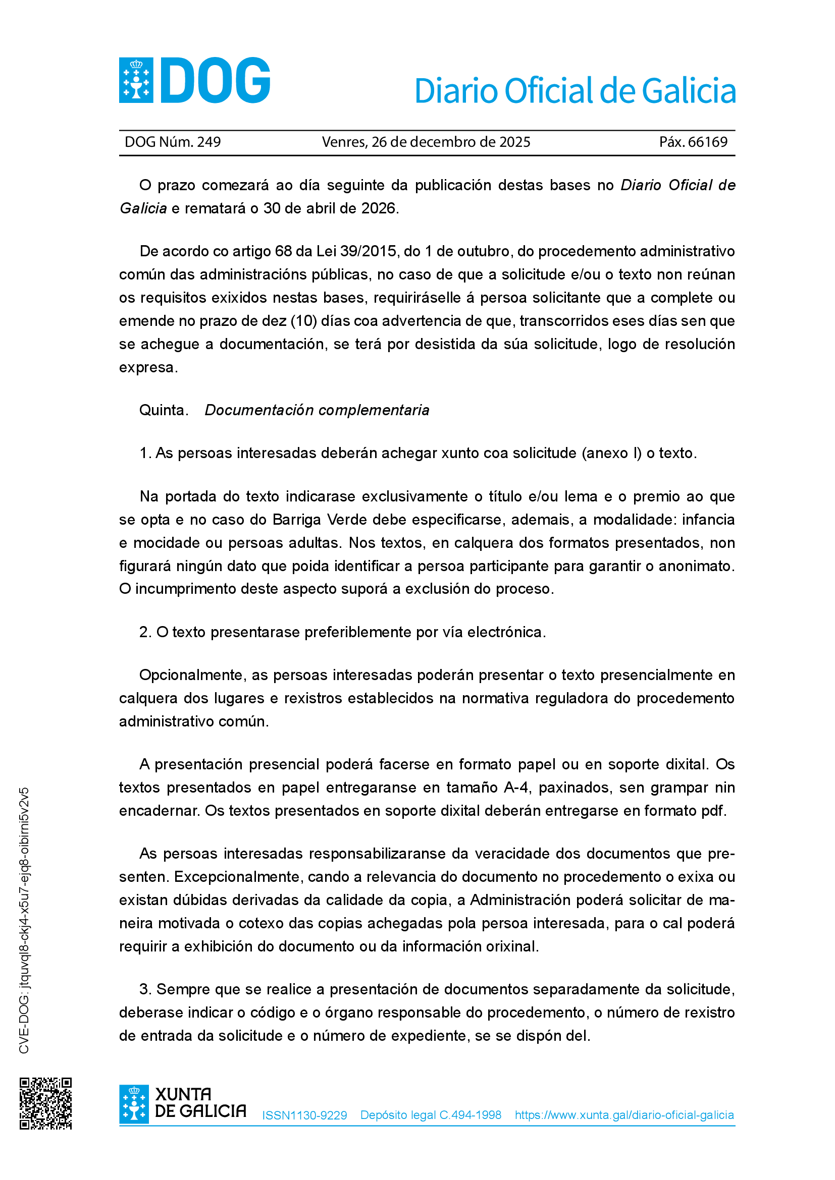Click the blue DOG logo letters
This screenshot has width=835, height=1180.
216,81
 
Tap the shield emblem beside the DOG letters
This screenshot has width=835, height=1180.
136,80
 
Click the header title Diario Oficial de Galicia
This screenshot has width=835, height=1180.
575,91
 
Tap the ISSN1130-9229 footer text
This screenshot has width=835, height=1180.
304,1115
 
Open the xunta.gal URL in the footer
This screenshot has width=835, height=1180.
624,1115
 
